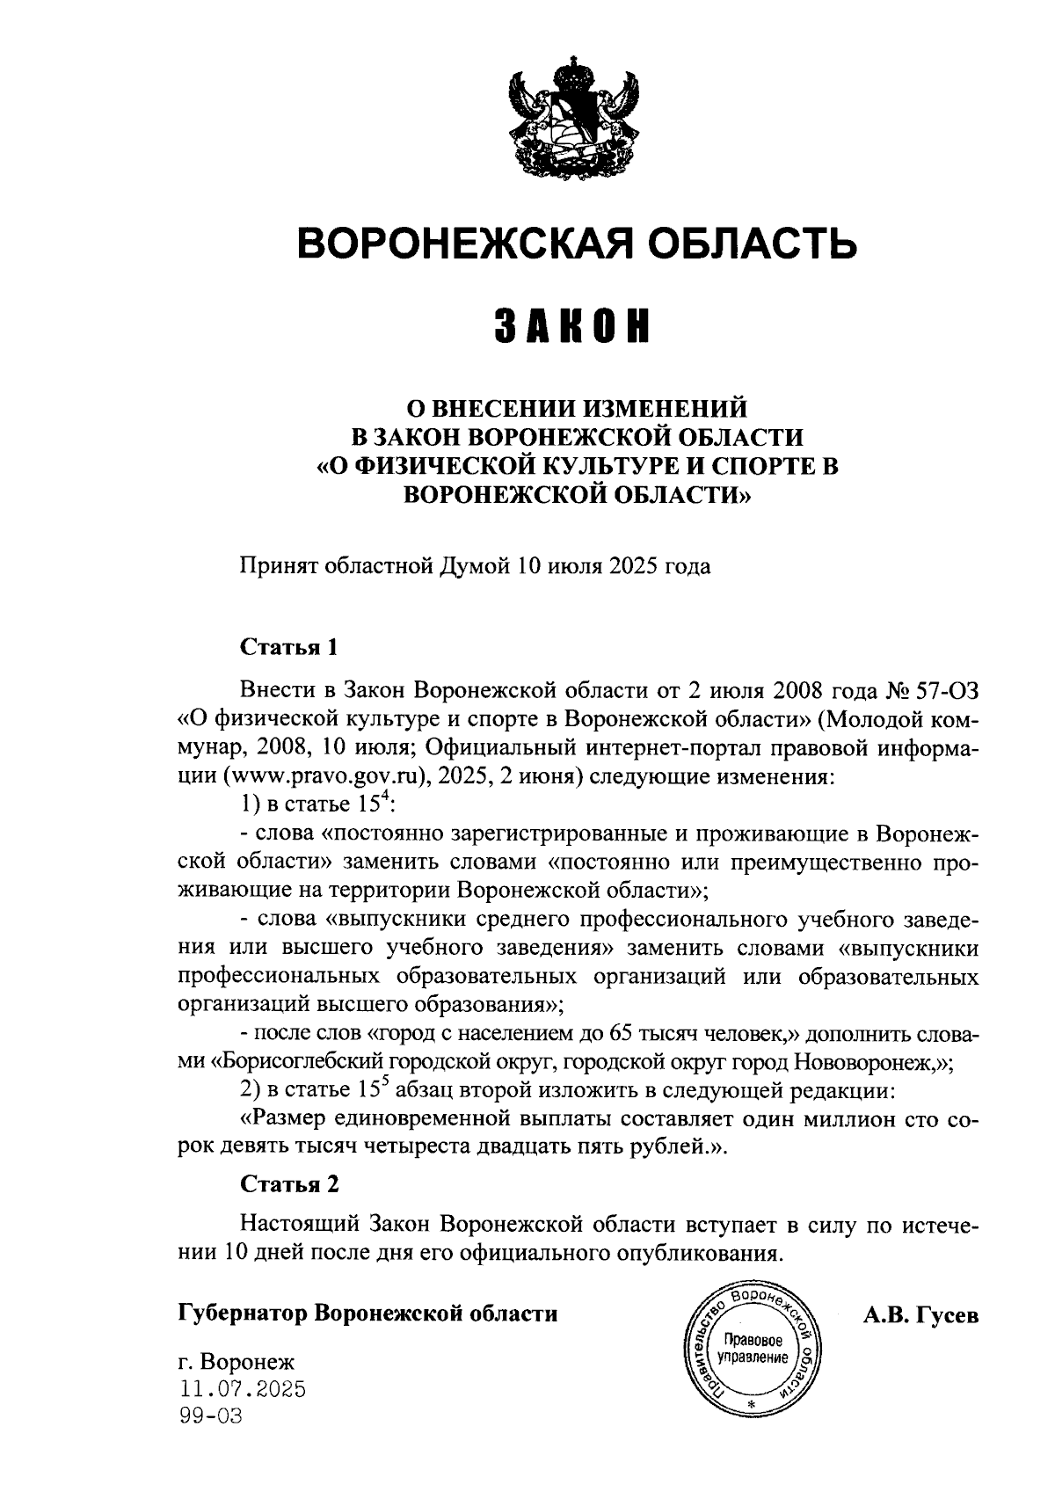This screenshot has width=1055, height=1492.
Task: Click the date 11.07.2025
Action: pyautogui.click(x=241, y=1389)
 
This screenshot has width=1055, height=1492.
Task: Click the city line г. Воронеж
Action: pyautogui.click(x=236, y=1363)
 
